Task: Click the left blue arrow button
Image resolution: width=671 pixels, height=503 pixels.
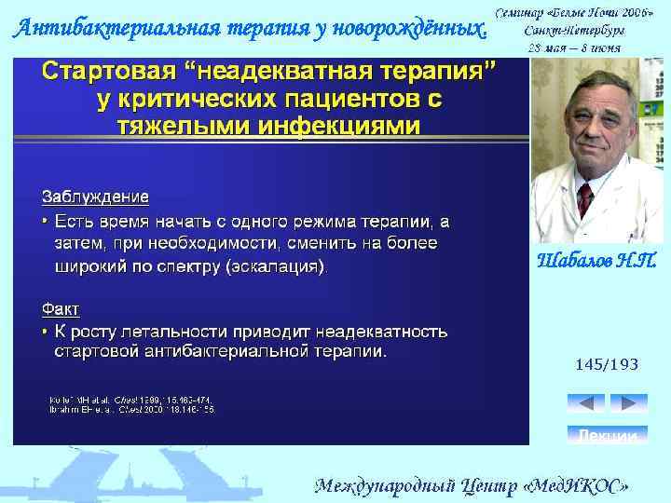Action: point(586,402)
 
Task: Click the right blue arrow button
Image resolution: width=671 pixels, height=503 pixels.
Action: point(628,402)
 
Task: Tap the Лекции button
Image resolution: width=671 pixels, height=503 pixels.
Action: point(607,435)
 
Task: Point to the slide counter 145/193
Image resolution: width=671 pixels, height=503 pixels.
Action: point(607,364)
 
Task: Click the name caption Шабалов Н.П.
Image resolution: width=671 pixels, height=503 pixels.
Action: point(596,261)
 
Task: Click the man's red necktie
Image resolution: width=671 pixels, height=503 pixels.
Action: point(585,198)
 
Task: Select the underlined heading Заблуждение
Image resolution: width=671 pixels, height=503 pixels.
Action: point(94,197)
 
